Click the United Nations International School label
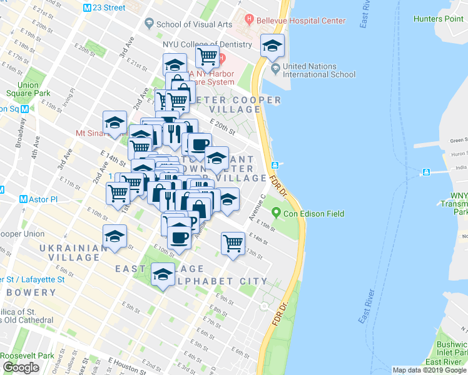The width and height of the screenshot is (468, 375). click(318, 70)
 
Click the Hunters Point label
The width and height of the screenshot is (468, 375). click(439, 19)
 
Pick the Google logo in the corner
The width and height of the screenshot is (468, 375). click(21, 367)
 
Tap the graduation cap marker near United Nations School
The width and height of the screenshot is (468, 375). click(272, 46)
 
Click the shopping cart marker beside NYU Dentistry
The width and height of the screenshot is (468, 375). click(207, 57)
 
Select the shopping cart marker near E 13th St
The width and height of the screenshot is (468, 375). click(233, 242)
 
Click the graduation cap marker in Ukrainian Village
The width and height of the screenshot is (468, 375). click(114, 237)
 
